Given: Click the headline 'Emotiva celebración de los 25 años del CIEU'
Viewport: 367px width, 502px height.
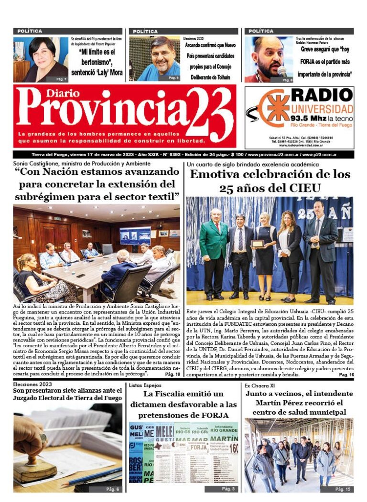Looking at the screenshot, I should (270, 181).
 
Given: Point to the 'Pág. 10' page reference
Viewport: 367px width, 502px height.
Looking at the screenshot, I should (173, 374).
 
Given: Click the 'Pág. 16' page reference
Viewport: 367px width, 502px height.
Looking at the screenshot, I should (346, 375).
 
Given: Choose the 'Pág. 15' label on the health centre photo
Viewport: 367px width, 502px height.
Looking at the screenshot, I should (343, 489).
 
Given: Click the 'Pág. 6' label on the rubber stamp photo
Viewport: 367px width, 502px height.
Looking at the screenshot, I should (112, 489).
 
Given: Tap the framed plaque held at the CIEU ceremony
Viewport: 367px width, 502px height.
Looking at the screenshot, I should (258, 244).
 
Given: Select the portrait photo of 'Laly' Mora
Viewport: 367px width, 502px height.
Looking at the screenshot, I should (41, 59).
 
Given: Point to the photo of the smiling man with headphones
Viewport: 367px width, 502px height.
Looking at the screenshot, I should (154, 59).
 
